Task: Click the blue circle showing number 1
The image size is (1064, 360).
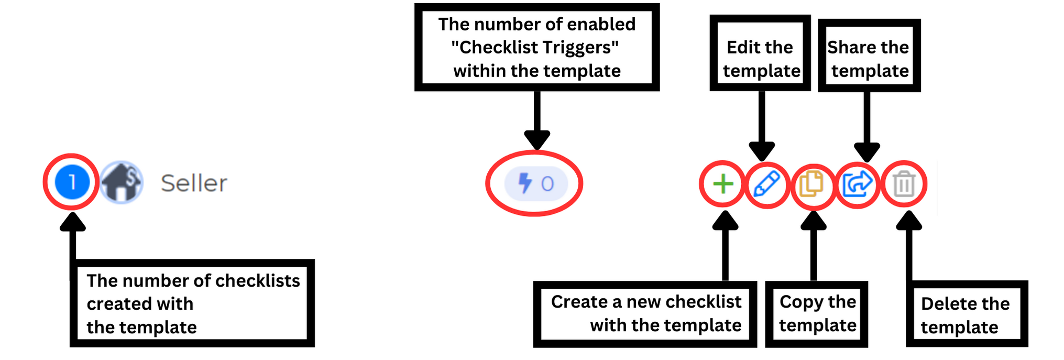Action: tap(72, 182)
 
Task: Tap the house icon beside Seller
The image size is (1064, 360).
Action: tap(122, 182)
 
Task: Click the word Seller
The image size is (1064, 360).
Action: tap(194, 183)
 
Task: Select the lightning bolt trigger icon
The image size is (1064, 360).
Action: tap(524, 183)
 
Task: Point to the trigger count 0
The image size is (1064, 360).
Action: tap(547, 184)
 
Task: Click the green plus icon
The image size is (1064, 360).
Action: tap(723, 184)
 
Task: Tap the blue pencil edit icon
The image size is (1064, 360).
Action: tap(766, 184)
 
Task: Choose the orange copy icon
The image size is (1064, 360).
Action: tap(811, 184)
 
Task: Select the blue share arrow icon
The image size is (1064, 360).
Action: tap(857, 184)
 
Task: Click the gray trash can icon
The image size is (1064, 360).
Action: tap(904, 184)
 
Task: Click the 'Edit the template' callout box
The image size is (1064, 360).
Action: tap(761, 53)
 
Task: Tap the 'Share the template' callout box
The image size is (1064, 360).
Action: tap(869, 56)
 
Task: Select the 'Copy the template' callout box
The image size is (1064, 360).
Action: tap(817, 314)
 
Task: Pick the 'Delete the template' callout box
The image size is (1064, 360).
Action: tap(967, 314)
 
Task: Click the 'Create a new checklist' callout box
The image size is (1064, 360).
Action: tap(645, 314)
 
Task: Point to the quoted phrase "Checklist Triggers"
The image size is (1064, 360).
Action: tap(535, 48)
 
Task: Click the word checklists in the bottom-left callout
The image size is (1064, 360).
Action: tap(257, 281)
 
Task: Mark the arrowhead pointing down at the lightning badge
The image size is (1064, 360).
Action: tap(537, 140)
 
